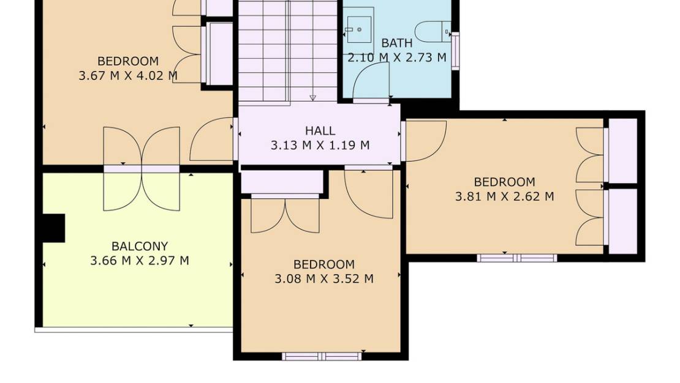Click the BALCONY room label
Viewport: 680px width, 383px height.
pyautogui.click(x=140, y=247)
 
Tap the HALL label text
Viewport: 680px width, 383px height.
pyautogui.click(x=320, y=131)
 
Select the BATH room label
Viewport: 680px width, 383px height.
pyautogui.click(x=397, y=43)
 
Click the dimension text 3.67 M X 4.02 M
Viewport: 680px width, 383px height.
pyautogui.click(x=128, y=76)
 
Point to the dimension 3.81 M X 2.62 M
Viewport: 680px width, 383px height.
pyautogui.click(x=504, y=196)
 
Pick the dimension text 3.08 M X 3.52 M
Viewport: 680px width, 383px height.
pyautogui.click(x=324, y=279)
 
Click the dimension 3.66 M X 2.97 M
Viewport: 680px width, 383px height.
pyautogui.click(x=140, y=261)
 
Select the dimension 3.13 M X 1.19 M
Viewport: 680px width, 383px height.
pyautogui.click(x=320, y=146)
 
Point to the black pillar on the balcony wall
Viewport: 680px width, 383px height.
pyautogui.click(x=54, y=228)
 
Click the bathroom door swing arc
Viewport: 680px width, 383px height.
pyautogui.click(x=371, y=81)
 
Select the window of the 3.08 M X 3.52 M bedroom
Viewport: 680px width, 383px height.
pyautogui.click(x=322, y=356)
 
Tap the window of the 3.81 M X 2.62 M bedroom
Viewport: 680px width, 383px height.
pyautogui.click(x=518, y=258)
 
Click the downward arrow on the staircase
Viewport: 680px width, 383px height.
pyautogui.click(x=313, y=97)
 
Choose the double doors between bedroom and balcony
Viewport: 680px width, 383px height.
pyautogui.click(x=142, y=166)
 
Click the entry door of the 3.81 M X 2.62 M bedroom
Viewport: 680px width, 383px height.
pyautogui.click(x=425, y=141)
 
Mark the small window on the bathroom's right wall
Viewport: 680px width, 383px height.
pyautogui.click(x=455, y=51)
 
